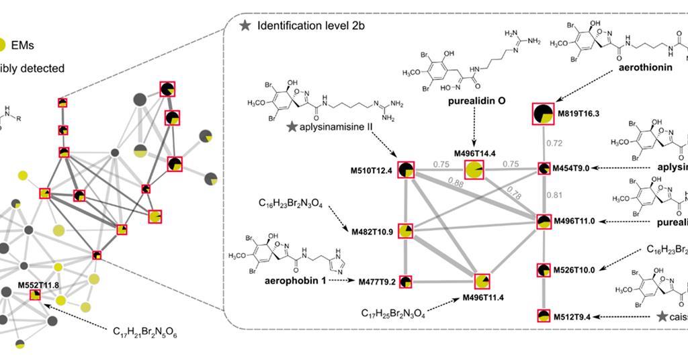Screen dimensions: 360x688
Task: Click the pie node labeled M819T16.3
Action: coord(543,114)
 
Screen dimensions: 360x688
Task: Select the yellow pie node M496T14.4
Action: coord(474,171)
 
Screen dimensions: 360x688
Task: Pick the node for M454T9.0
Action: coord(544,168)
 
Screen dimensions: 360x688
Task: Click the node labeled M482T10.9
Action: coord(405,231)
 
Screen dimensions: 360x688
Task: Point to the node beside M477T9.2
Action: coord(406,281)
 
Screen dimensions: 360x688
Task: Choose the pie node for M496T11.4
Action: coord(482,281)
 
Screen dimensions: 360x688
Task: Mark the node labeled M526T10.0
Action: coord(544,270)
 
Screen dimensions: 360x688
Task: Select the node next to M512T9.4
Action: coord(544,316)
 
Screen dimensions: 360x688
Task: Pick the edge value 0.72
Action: coord(554,144)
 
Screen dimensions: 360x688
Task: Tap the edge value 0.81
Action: coord(554,196)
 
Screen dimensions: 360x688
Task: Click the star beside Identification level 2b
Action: coord(245,25)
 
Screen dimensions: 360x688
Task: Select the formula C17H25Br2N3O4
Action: coord(393,313)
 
